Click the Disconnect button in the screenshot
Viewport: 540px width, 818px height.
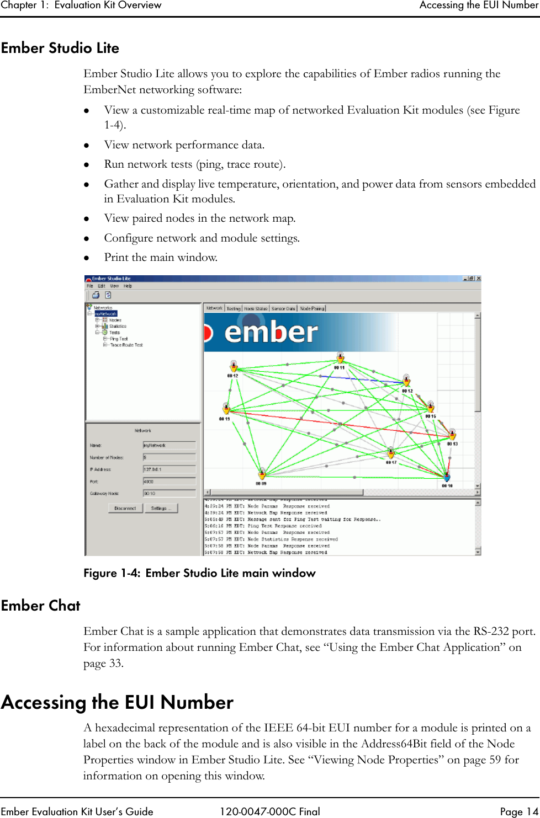click(x=125, y=508)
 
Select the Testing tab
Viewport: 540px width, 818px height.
click(x=234, y=308)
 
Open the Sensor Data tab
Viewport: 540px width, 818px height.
click(x=283, y=308)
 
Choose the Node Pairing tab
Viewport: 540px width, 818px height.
click(x=312, y=308)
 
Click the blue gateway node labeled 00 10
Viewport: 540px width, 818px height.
click(x=447, y=477)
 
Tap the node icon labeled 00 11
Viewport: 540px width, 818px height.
click(x=340, y=358)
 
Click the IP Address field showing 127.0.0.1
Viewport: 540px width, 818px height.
click(x=169, y=469)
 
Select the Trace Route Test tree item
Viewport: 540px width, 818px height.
click(x=126, y=345)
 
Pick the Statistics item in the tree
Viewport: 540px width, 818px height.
click(x=118, y=327)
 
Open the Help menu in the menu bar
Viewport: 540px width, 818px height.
click(x=128, y=286)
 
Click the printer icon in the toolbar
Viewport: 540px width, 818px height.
click(x=96, y=295)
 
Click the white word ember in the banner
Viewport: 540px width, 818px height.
click(x=271, y=332)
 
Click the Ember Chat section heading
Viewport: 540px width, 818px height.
click(x=41, y=606)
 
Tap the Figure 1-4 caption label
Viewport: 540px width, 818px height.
click(x=199, y=573)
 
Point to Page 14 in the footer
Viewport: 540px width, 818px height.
click(x=518, y=811)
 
